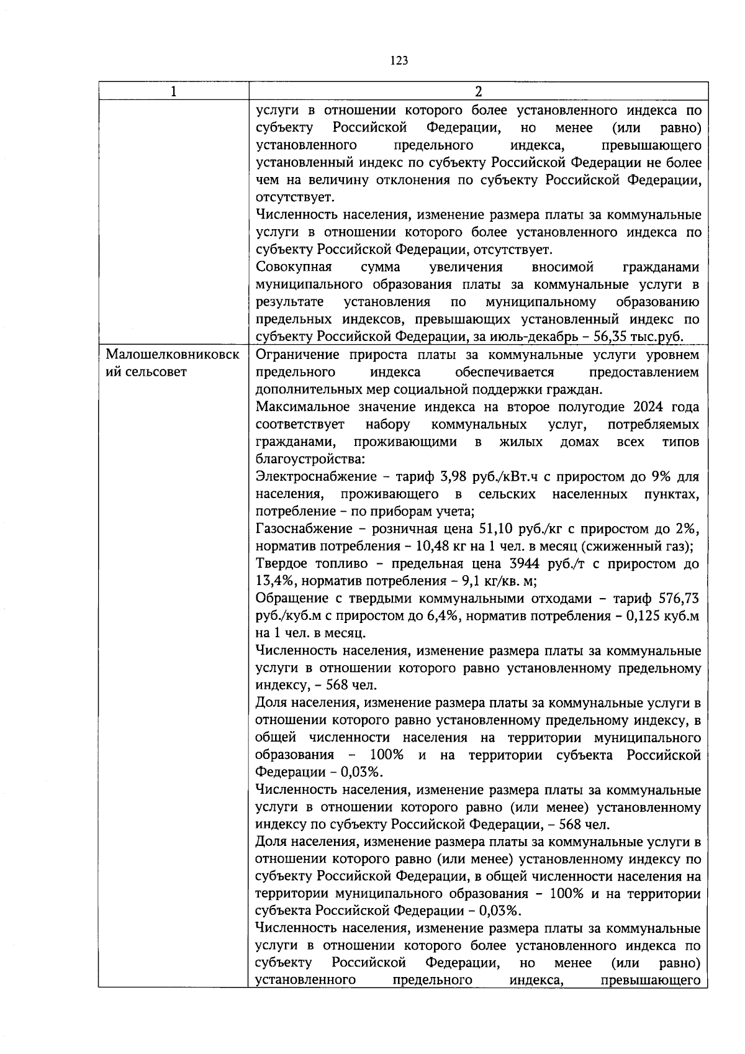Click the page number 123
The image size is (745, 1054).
pos(399,60)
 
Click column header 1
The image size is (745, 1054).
pos(173,91)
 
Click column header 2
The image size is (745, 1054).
pos(478,91)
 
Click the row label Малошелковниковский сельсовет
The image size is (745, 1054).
pos(173,363)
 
